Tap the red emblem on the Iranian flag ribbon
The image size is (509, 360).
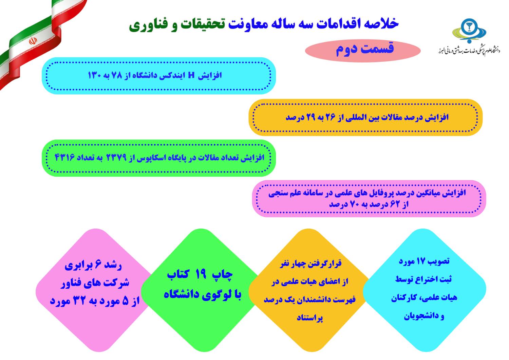[x=33, y=41]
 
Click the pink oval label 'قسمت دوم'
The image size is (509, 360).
[x=363, y=51]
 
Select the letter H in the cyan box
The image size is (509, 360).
[x=192, y=75]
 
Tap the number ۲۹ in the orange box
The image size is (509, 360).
[x=312, y=118]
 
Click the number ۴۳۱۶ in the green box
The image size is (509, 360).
[x=64, y=157]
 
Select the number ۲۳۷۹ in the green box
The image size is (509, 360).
[x=116, y=157]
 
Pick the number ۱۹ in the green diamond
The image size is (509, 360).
[x=201, y=274]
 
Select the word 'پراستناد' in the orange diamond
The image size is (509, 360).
[x=310, y=318]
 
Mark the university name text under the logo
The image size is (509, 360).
[x=469, y=51]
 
